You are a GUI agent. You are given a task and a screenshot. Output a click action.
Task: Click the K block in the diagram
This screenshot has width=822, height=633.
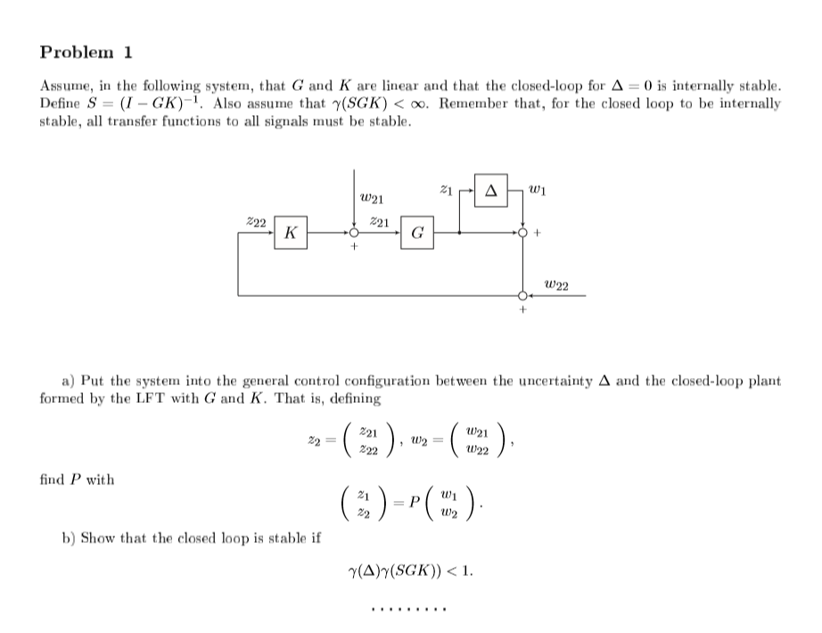(291, 233)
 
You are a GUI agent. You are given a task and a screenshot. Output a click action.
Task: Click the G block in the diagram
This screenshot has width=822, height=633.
(417, 233)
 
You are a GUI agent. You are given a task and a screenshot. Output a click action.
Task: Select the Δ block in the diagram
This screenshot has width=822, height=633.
(491, 191)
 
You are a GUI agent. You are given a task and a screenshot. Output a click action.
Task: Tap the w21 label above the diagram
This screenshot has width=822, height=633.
(372, 199)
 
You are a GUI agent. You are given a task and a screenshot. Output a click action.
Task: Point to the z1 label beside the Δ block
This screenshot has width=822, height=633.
(446, 189)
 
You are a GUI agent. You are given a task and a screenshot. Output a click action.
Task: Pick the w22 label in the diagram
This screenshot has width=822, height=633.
(556, 286)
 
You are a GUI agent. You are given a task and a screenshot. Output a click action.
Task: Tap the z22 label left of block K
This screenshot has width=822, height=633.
(256, 222)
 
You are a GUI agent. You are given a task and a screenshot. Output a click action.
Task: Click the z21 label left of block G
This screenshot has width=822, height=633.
(379, 222)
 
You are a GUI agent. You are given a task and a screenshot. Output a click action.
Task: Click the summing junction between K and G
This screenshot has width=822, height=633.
(354, 233)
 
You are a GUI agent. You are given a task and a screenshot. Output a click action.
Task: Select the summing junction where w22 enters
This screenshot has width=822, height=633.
(522, 296)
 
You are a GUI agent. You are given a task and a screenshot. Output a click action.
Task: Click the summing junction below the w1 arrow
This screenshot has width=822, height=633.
(522, 233)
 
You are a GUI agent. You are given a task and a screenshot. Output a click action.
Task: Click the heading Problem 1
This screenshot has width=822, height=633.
(86, 52)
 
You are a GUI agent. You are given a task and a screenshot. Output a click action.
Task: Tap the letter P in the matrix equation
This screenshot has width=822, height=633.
(415, 503)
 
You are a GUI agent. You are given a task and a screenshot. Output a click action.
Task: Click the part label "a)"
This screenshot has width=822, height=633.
(69, 380)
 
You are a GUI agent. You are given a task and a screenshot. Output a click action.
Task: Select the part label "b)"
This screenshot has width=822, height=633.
(69, 538)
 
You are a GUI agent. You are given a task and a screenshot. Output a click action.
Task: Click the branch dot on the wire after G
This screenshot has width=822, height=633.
(460, 233)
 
